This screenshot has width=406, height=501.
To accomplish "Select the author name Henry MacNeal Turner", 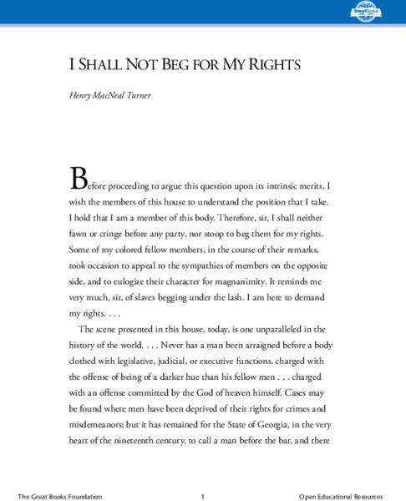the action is pyautogui.click(x=112, y=96).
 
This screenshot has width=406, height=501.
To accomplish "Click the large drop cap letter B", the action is pyautogui.click(x=78, y=177).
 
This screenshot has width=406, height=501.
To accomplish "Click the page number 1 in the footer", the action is pyautogui.click(x=203, y=496).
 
